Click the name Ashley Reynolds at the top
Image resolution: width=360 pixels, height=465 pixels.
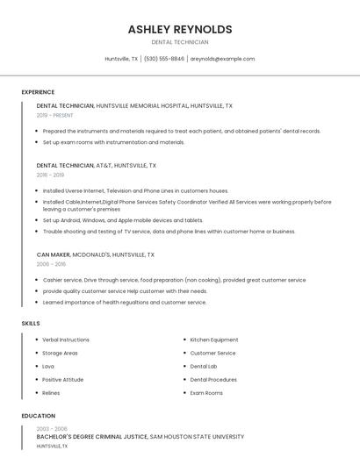pos(180,29)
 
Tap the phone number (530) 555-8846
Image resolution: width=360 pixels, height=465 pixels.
pos(164,59)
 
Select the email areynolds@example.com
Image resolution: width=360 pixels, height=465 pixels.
pos(222,59)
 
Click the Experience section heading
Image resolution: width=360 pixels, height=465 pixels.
pos(38,92)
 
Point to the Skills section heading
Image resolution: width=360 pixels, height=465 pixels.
pos(31,324)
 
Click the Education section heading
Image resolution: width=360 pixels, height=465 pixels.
pos(38,416)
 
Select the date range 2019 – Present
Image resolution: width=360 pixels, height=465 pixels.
pos(55,115)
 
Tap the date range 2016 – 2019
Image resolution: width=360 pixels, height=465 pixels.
pos(50,175)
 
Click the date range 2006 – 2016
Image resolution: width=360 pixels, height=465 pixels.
pos(51,264)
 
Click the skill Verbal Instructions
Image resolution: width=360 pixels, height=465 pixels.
pos(66,340)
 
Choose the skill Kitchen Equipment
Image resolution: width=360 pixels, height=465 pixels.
pos(214,340)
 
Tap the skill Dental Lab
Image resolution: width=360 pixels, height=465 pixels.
pos(204,366)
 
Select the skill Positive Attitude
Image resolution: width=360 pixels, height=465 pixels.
pos(63,379)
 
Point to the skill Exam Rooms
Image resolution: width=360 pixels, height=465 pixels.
pos(206,392)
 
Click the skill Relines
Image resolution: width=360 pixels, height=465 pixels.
pos(51,392)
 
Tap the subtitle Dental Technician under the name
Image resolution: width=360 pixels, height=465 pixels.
pos(180,42)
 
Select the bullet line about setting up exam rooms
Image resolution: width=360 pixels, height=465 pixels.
pos(113,142)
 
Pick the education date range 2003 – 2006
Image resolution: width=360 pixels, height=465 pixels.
pos(51,428)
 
